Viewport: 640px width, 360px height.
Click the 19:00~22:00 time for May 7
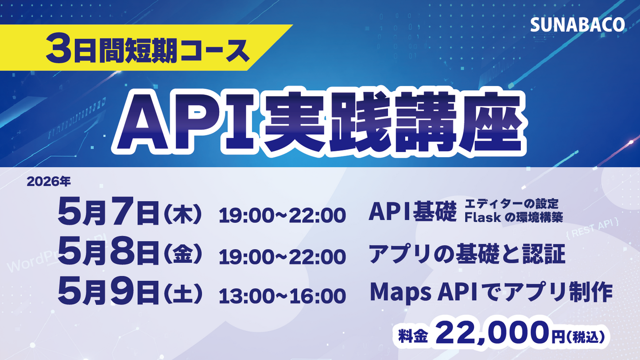click(282, 216)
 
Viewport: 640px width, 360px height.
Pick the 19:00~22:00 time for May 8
click(282, 255)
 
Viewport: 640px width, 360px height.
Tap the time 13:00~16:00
click(282, 295)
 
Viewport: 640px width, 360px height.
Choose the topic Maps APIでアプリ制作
click(491, 292)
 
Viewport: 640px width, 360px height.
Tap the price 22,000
click(491, 333)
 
